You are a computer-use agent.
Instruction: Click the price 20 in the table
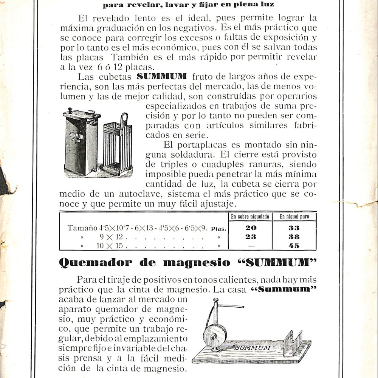point(251,228)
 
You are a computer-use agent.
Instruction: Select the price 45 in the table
point(294,246)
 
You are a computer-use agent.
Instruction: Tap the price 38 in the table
point(294,237)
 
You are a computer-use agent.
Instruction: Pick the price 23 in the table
point(251,237)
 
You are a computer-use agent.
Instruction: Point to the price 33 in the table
point(294,228)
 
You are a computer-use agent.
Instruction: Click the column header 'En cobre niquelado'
point(250,217)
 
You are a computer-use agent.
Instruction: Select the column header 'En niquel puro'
point(294,217)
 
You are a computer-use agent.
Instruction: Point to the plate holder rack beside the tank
point(118,146)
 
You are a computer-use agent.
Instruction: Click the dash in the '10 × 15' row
point(251,246)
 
